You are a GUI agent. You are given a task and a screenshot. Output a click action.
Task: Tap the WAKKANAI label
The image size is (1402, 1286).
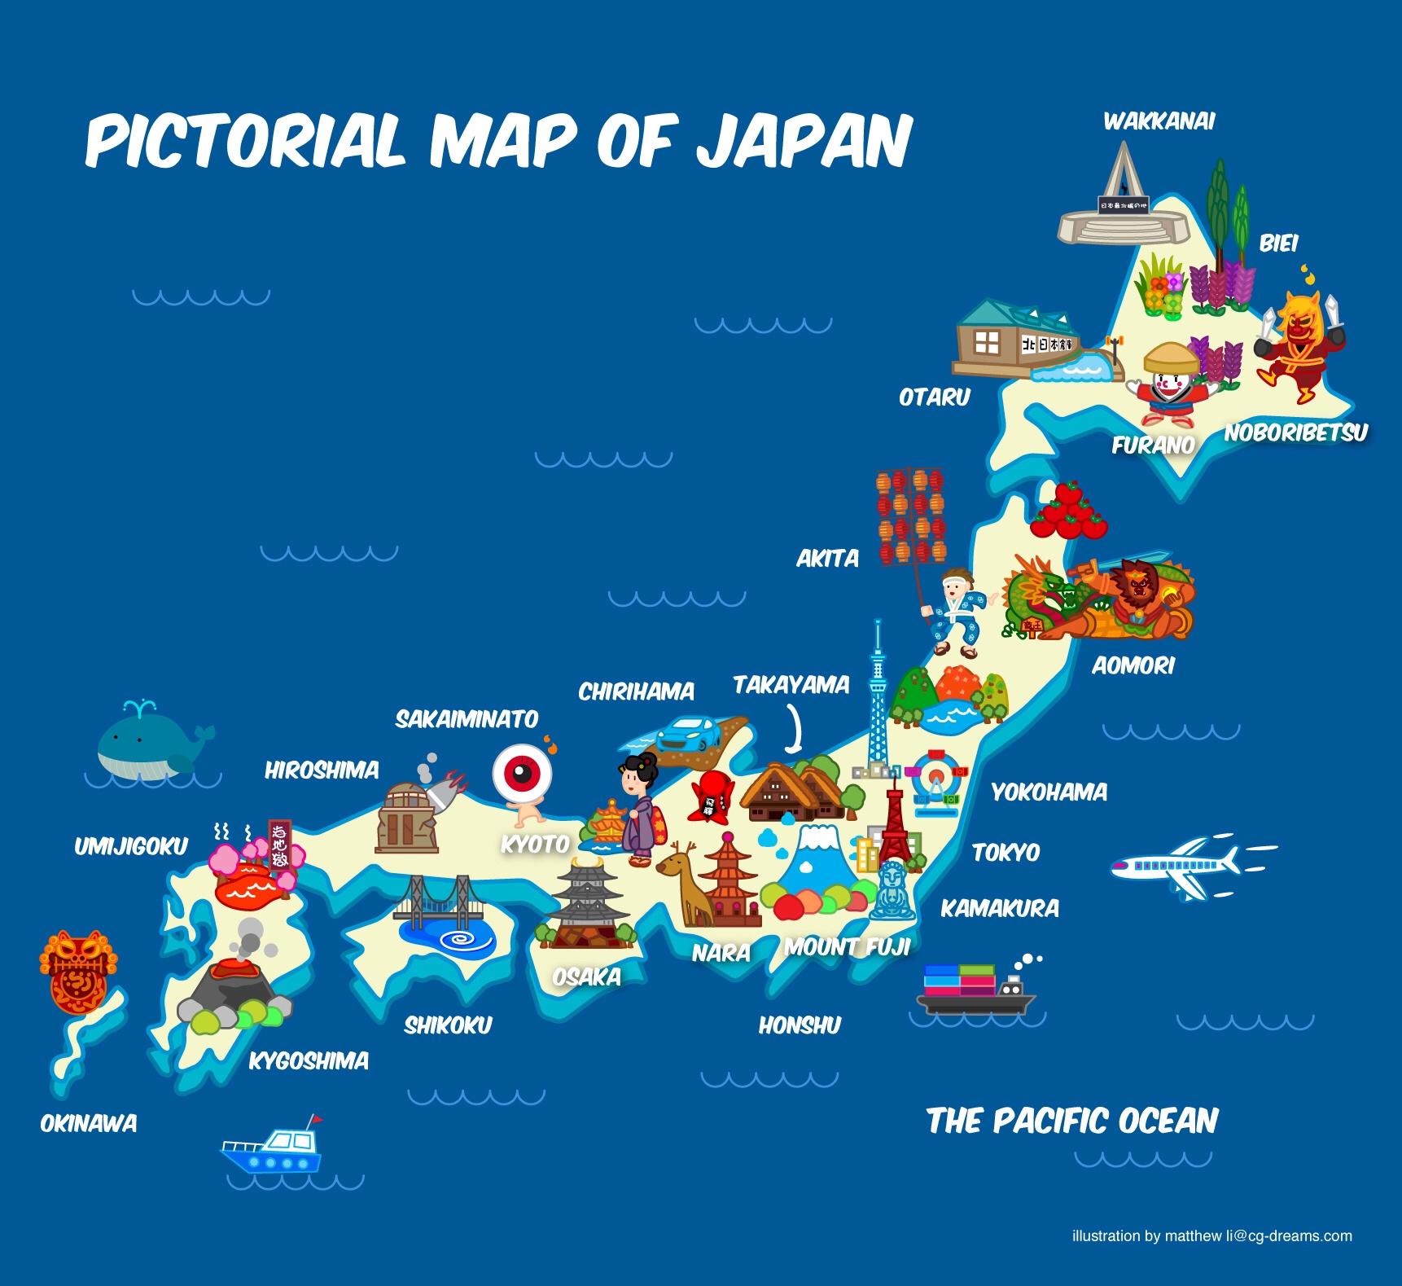pyautogui.click(x=1159, y=121)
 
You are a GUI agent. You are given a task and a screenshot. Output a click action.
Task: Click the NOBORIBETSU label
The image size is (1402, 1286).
pyautogui.click(x=1295, y=432)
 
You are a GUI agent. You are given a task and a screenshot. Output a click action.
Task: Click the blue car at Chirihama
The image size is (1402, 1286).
pyautogui.click(x=688, y=733)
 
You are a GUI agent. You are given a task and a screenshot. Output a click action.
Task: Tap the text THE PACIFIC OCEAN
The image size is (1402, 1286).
pyautogui.click(x=1072, y=1121)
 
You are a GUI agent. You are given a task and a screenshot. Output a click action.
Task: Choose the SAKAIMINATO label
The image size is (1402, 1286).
pyautogui.click(x=467, y=718)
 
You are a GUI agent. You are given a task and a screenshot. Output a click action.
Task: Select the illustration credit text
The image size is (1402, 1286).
pyautogui.click(x=1211, y=1236)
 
